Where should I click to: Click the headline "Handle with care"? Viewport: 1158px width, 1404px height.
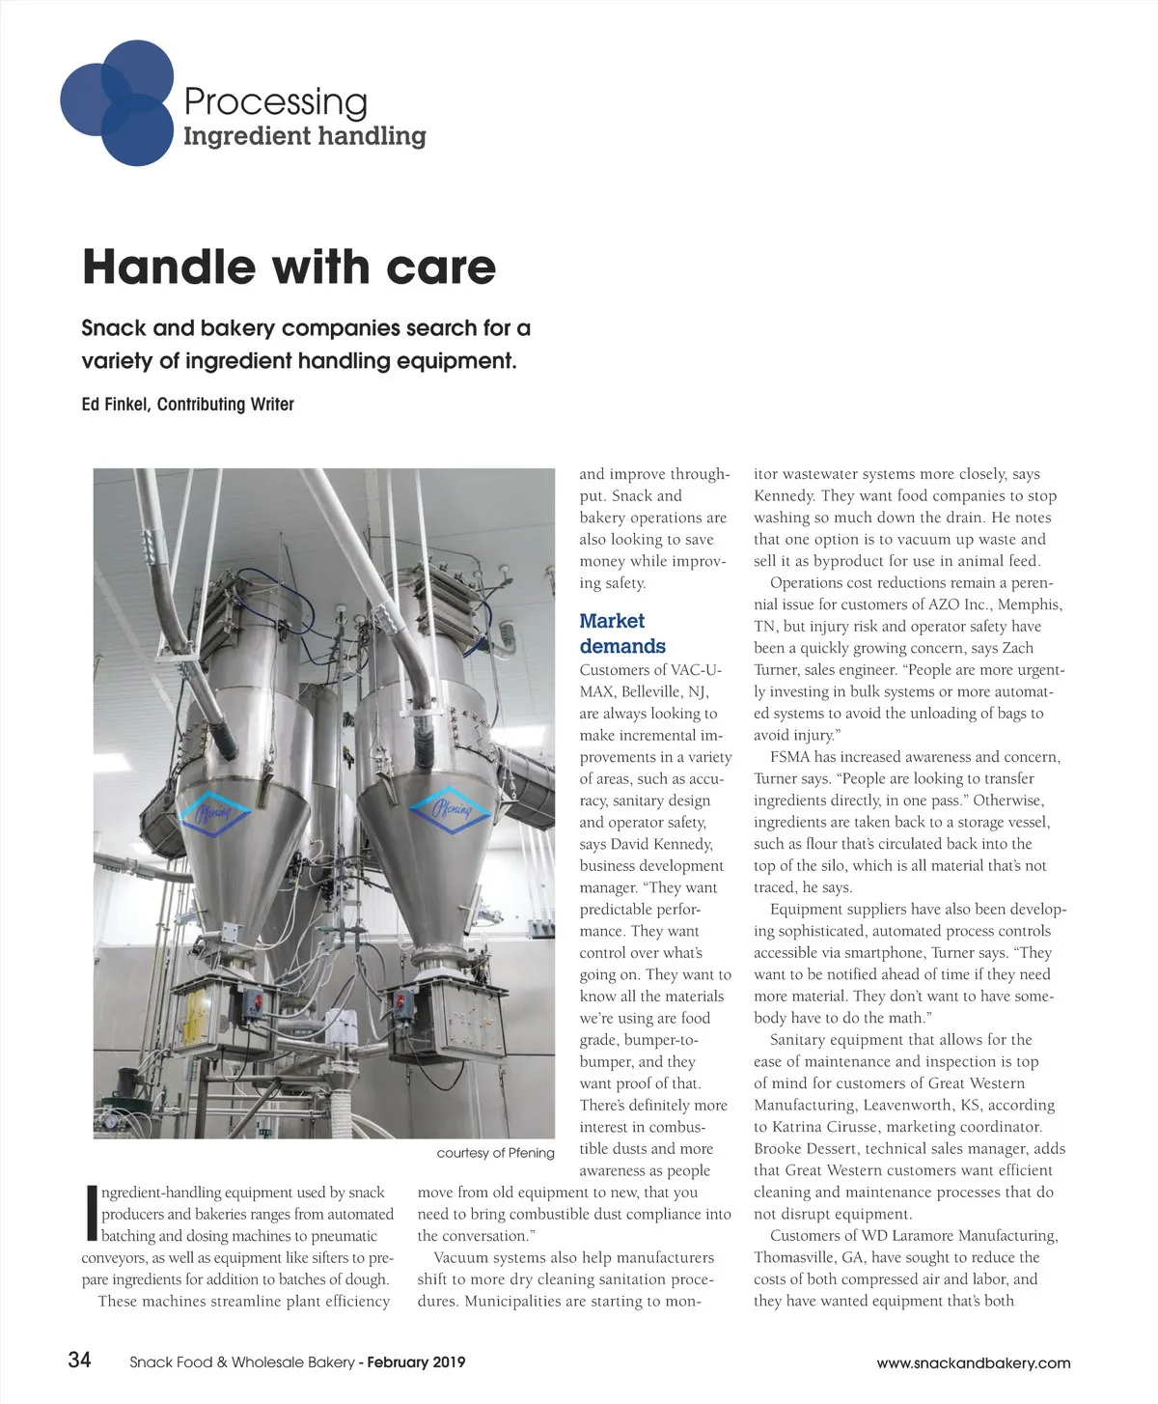click(x=289, y=267)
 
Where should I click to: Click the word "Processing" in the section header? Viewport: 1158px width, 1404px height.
click(x=275, y=101)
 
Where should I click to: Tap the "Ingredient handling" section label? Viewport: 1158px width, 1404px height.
click(x=304, y=136)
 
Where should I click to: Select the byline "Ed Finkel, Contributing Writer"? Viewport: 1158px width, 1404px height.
click(x=187, y=405)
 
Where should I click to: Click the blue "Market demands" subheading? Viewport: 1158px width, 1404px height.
click(x=621, y=633)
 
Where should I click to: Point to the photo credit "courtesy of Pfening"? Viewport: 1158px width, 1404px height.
click(x=495, y=1153)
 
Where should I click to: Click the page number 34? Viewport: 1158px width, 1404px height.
click(x=79, y=1360)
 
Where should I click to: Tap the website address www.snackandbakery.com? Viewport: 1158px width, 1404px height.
click(x=973, y=1363)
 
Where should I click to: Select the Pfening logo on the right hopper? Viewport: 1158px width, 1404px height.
click(x=452, y=808)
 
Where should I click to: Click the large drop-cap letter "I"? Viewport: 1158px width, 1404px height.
click(x=92, y=1213)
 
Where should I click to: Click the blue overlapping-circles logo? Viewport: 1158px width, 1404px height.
click(x=117, y=101)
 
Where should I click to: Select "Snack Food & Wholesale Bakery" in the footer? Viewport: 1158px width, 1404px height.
click(x=242, y=1362)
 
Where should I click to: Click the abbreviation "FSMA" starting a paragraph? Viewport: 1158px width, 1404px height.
click(x=790, y=757)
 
